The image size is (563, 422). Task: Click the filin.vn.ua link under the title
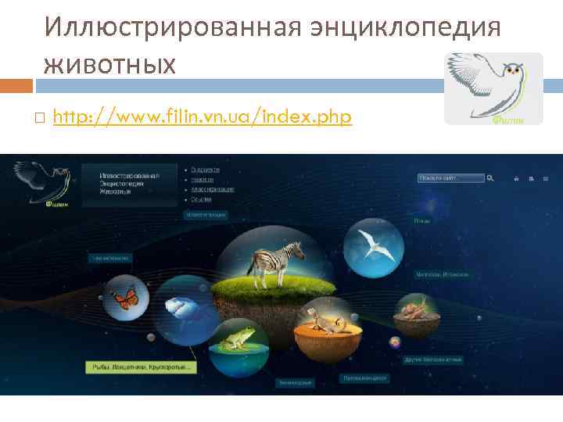coord(203,117)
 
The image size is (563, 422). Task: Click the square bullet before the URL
coord(40,118)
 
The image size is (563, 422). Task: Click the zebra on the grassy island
coord(278,259)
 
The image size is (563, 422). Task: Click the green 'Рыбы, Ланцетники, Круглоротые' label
coord(141,366)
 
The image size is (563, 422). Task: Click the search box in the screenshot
coord(450,178)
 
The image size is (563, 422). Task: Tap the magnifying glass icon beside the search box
coord(490,178)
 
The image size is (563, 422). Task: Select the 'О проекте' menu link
coord(206,169)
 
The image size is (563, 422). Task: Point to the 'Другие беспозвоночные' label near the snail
coord(432,360)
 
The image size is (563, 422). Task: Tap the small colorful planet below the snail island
coord(394,342)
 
